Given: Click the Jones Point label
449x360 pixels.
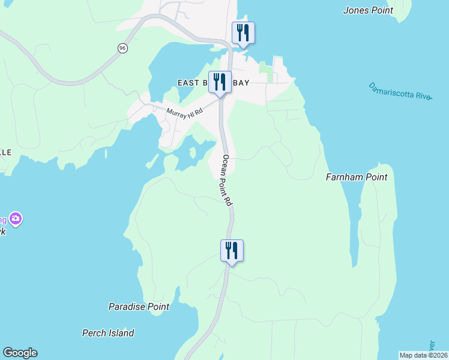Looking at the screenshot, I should point(368,10).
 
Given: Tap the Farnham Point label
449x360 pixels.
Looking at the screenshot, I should point(356,177).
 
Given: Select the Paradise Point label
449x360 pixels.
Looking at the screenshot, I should point(139,307).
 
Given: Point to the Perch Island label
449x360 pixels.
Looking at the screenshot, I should point(108,333).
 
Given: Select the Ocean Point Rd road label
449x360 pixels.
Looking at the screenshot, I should point(227,181).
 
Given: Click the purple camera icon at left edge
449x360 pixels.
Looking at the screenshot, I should point(15,219).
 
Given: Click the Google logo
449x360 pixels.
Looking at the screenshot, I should point(20,353).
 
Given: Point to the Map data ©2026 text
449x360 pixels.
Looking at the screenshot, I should point(424,355).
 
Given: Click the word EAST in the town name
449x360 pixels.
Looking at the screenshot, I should point(188,83).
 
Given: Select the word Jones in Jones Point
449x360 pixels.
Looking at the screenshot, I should point(354,10).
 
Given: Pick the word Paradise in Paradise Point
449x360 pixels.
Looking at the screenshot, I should point(126,307).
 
